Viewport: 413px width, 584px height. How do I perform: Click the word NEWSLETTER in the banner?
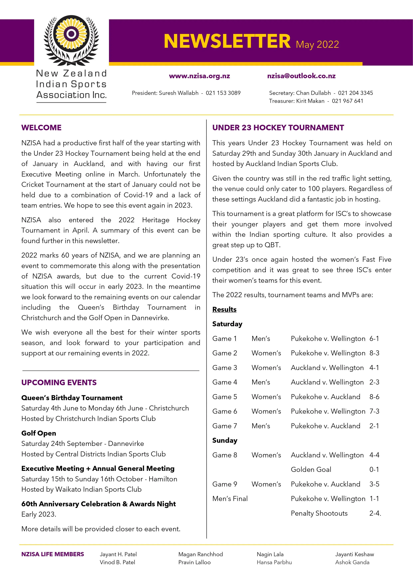pos(227,41)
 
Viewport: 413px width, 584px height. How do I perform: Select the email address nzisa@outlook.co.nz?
pos(301,76)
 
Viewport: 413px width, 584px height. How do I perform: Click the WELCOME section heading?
pos(41,127)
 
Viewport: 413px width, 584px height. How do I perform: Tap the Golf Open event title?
pos(39,433)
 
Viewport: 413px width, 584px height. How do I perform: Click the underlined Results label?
pos(224,309)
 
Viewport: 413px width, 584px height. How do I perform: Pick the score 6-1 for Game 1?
pos(374,339)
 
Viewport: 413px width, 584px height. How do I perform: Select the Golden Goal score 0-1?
pos(374,470)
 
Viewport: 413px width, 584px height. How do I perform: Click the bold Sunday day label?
pos(225,440)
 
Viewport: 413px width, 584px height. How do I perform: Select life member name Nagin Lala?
pos(270,554)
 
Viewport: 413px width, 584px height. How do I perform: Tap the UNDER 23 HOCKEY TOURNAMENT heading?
pos(278,127)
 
